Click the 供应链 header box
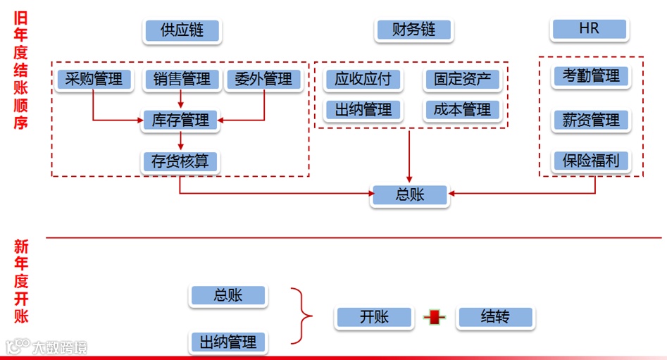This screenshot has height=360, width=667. (x=181, y=30)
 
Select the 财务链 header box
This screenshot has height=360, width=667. (x=413, y=30)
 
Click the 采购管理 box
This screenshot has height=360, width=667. (x=93, y=79)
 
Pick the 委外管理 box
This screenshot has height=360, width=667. (x=263, y=79)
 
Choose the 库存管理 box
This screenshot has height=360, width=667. (x=181, y=120)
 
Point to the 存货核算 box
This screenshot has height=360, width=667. (x=181, y=161)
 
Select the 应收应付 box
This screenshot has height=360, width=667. (x=363, y=79)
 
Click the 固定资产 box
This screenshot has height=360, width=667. (x=462, y=79)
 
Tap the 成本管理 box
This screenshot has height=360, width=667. (x=462, y=110)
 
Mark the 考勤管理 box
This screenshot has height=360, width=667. (x=591, y=76)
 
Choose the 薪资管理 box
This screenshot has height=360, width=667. (x=591, y=120)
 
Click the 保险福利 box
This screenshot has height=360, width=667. (x=591, y=161)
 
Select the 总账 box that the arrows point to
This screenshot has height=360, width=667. (x=409, y=195)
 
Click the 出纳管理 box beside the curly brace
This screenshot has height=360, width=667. (x=227, y=342)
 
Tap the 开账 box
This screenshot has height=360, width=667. (x=374, y=317)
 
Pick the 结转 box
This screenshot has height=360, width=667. (x=495, y=317)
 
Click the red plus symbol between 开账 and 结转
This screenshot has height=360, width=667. (x=435, y=318)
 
